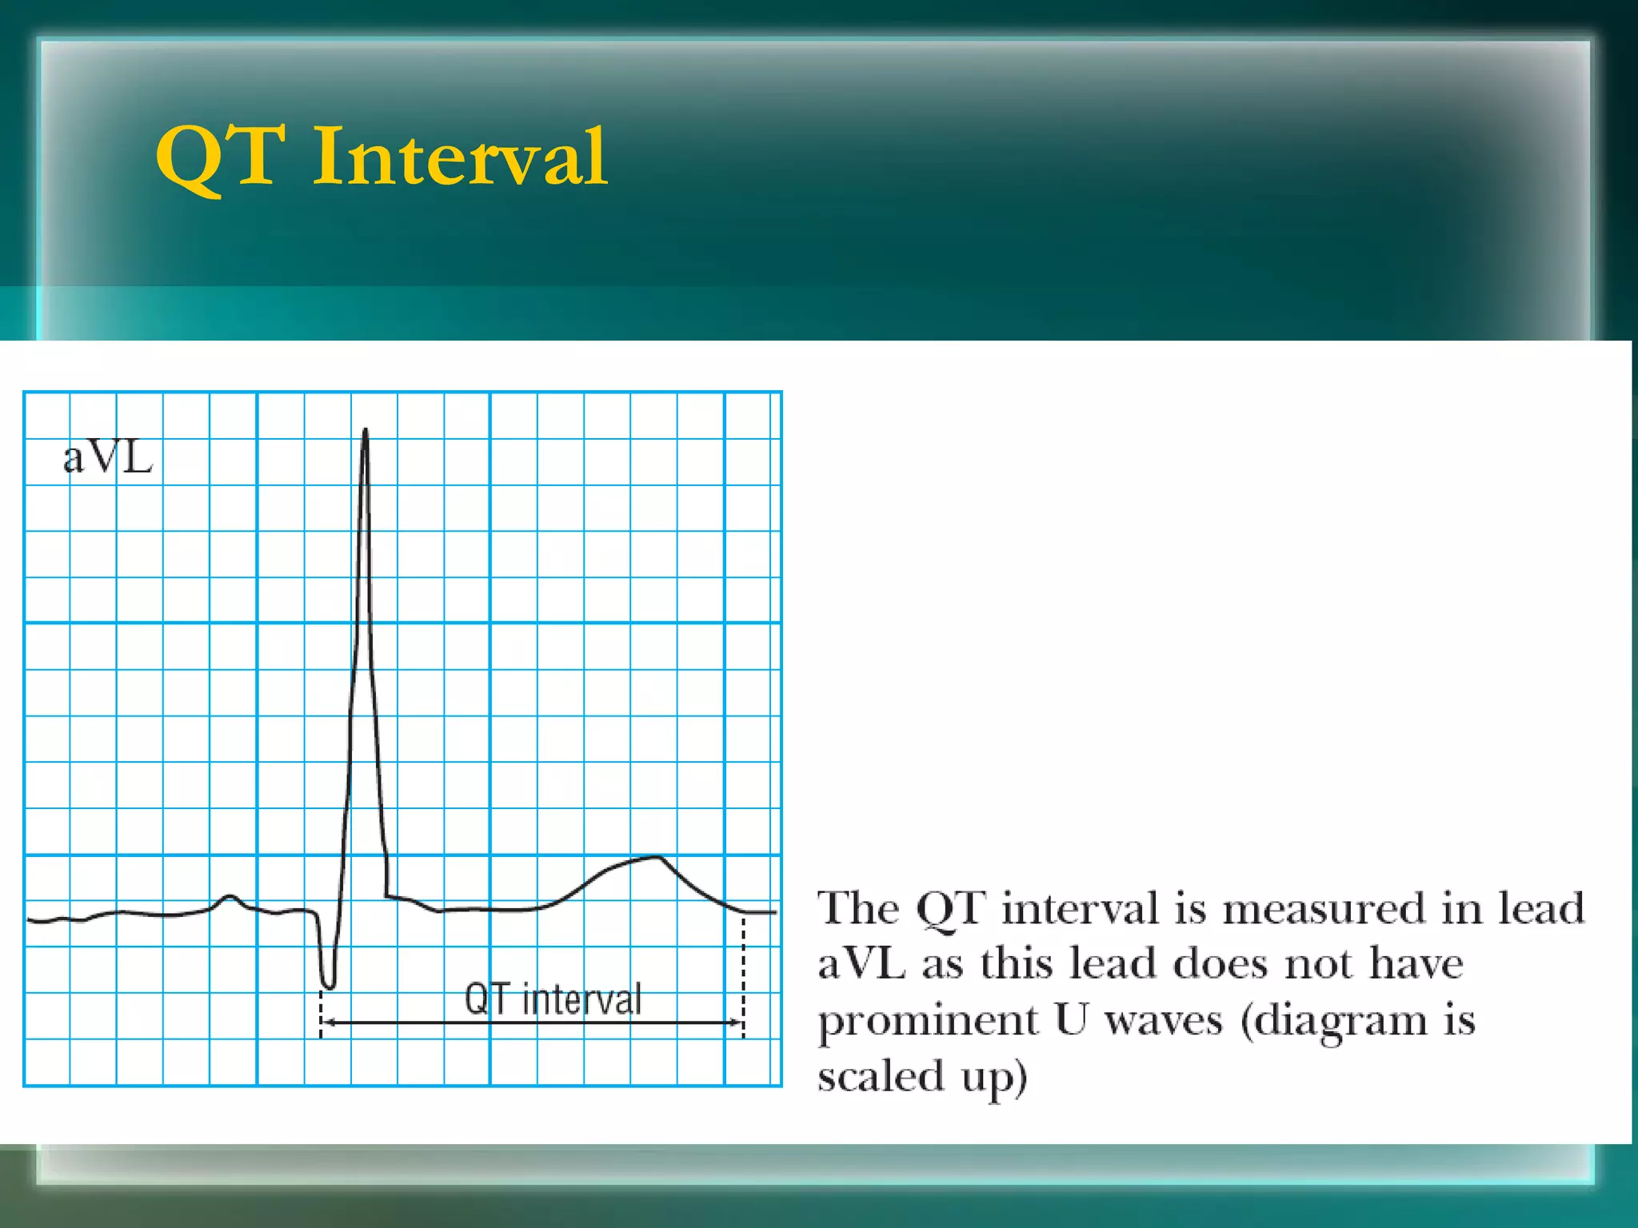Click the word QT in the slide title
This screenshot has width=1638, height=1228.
click(221, 157)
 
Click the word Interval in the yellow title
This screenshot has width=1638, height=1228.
click(460, 157)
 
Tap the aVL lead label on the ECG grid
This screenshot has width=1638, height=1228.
click(108, 458)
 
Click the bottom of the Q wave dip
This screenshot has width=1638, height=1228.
click(328, 985)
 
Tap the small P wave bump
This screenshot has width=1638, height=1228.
click(230, 897)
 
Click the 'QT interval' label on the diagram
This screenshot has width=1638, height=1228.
click(553, 999)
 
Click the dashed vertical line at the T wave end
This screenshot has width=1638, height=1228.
click(744, 975)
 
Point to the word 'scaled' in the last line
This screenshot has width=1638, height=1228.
click(881, 1075)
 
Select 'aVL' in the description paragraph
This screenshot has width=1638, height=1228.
click(861, 964)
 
